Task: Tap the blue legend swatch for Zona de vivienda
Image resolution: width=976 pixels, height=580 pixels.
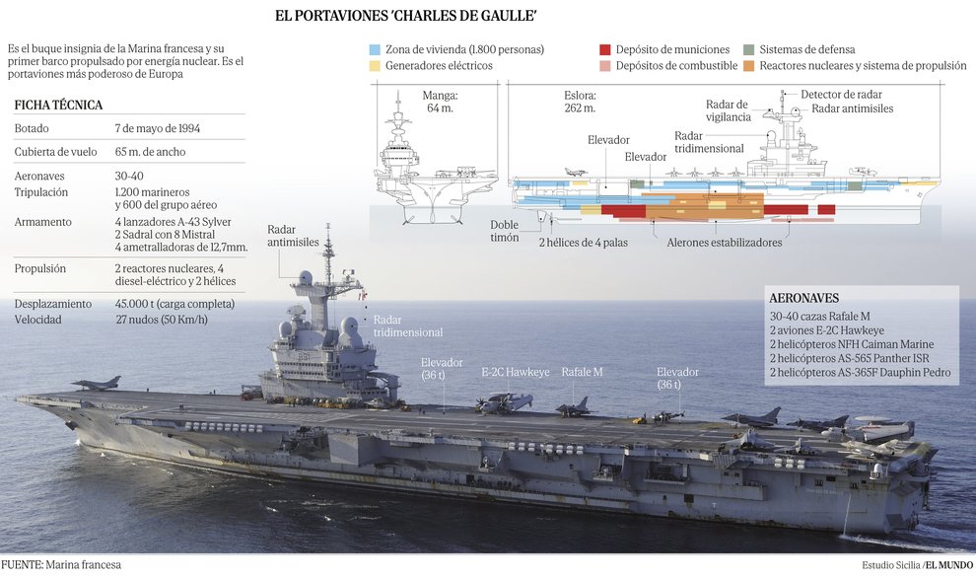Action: (x=375, y=49)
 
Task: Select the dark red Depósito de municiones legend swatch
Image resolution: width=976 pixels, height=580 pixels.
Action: (x=605, y=49)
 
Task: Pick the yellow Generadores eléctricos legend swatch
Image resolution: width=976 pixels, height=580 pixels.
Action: (x=375, y=66)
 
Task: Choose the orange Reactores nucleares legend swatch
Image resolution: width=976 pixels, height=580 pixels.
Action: (x=749, y=66)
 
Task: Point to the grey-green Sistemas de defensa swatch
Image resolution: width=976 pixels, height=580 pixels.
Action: (x=749, y=49)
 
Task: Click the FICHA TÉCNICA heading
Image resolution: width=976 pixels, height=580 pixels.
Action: (x=59, y=105)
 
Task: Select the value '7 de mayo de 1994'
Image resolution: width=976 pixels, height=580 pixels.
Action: (x=158, y=128)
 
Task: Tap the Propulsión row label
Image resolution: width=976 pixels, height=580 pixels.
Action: (x=40, y=268)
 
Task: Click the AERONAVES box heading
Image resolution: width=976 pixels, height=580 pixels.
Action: (x=803, y=298)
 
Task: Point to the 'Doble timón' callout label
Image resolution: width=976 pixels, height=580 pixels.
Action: (x=505, y=231)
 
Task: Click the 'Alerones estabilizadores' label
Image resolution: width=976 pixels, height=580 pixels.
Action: (x=724, y=243)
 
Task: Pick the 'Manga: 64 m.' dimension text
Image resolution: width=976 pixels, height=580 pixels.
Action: (x=440, y=103)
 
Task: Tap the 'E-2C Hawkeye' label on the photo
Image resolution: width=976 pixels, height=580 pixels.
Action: (x=516, y=372)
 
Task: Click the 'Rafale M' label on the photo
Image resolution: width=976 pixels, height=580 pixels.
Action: (x=583, y=372)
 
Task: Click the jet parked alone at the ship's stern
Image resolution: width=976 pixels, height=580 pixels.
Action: (x=96, y=383)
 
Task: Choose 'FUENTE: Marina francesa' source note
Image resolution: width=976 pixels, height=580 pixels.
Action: (x=61, y=565)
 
